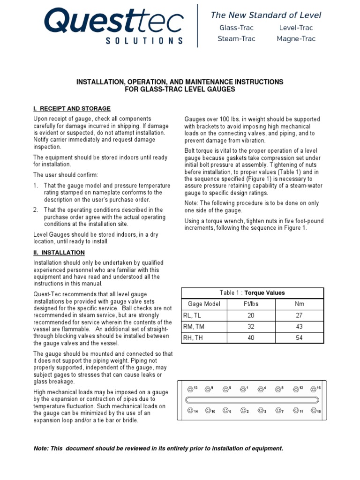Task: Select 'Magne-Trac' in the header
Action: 296,39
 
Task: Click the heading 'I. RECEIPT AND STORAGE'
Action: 72,109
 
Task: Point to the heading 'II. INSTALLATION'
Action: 59,253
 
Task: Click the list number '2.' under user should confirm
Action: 36,210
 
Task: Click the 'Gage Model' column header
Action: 204,304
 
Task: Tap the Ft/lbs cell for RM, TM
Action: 250,327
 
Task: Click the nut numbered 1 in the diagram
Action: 243,389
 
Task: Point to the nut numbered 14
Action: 189,410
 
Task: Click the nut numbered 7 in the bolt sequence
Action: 278,410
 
